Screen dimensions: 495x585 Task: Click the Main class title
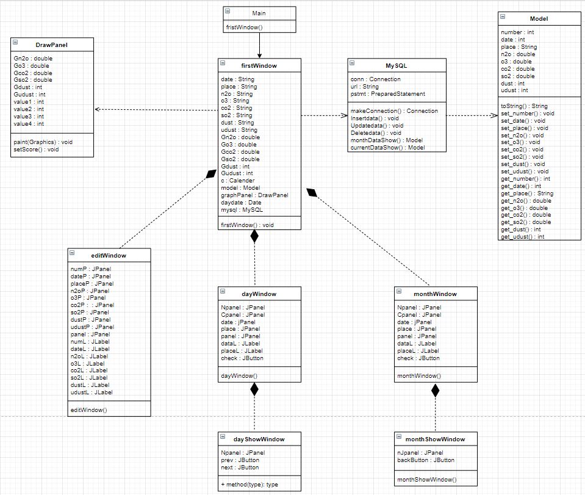pyautogui.click(x=259, y=13)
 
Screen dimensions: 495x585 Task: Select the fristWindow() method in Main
pyautogui.click(x=243, y=27)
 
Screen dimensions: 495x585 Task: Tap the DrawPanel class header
pyautogui.click(x=52, y=44)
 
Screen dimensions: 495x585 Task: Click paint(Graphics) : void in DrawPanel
pyautogui.click(x=43, y=142)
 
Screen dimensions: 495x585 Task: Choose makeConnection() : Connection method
pyautogui.click(x=394, y=110)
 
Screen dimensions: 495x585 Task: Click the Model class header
pyautogui.click(x=539, y=19)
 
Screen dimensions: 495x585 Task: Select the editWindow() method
pyautogui.click(x=89, y=410)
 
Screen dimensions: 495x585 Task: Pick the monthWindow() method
pyautogui.click(x=418, y=376)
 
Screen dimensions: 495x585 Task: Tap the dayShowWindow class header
pyautogui.click(x=259, y=438)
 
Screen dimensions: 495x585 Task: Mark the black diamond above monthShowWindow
pyautogui.click(x=435, y=391)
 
